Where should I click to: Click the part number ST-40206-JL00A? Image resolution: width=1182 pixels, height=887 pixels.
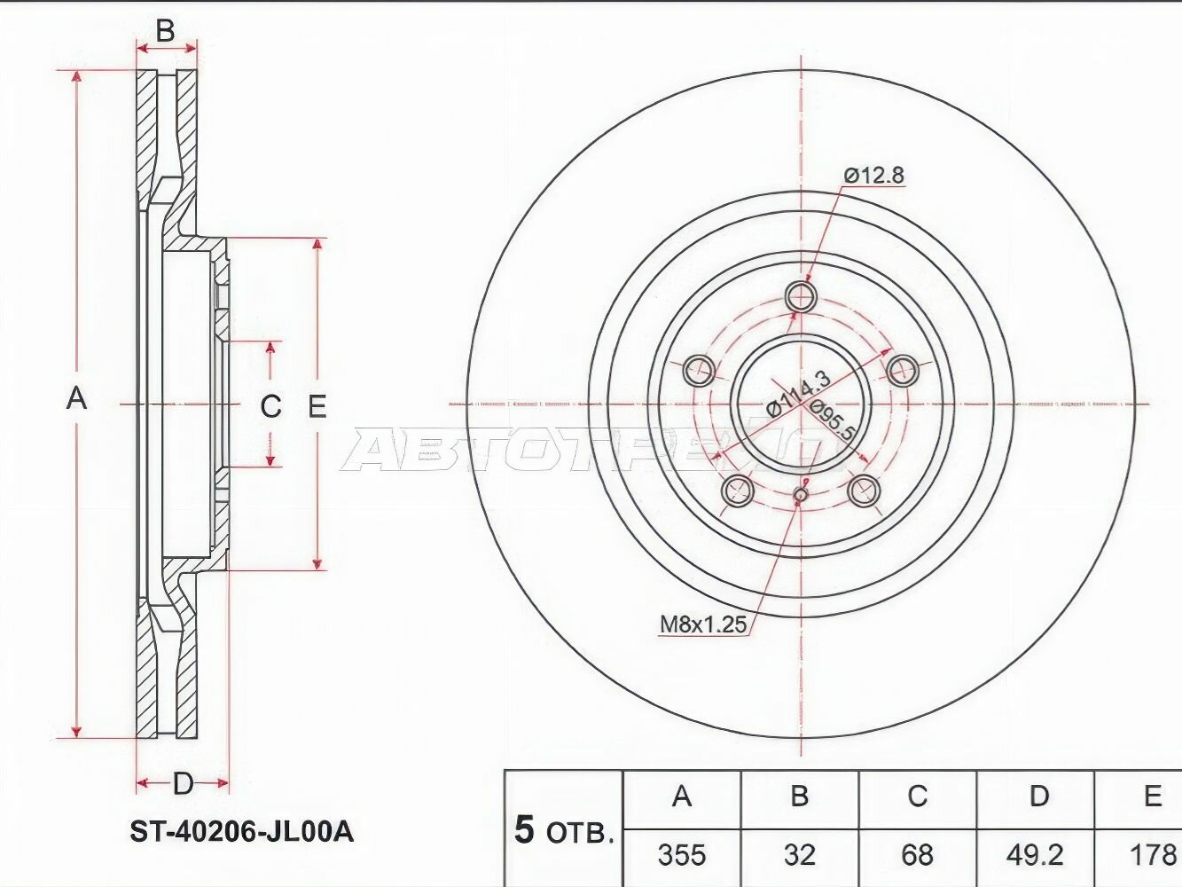[x=241, y=831]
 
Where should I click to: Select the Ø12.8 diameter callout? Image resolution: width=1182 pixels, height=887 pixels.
[x=873, y=176]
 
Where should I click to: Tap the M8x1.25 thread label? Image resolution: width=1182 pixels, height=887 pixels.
[x=703, y=624]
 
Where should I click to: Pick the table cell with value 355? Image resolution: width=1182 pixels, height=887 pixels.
[x=681, y=855]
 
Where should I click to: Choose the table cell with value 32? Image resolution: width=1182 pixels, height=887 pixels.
[x=799, y=855]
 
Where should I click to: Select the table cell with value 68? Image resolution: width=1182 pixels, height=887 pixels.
[x=917, y=855]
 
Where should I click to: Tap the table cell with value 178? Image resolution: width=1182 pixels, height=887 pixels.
[x=1151, y=855]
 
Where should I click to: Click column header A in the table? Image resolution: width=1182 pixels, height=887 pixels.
[x=681, y=797]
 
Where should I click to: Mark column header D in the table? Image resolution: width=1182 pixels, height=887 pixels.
[x=1038, y=797]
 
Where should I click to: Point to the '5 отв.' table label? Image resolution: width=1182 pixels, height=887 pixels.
[x=564, y=831]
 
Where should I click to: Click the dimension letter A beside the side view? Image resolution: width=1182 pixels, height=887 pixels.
[x=77, y=398]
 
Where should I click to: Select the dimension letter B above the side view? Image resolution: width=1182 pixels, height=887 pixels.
[x=166, y=31]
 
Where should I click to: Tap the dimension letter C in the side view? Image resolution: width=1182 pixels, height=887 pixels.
[x=270, y=406]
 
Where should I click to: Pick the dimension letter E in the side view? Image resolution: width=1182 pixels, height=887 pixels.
[x=317, y=406]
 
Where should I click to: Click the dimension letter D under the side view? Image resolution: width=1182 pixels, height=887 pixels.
[x=183, y=783]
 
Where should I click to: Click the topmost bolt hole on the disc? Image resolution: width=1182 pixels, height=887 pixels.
[x=801, y=296]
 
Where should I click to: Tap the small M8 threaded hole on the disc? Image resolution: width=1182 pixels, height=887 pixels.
[x=801, y=495]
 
